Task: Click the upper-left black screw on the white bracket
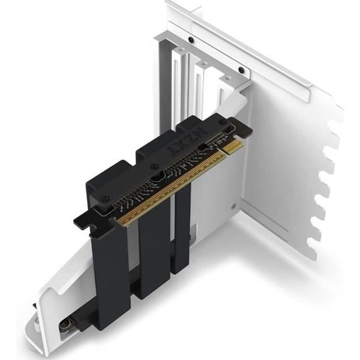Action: click(191, 40)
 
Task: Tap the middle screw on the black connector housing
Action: click(155, 166)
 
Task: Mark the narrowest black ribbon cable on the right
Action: click(182, 228)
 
